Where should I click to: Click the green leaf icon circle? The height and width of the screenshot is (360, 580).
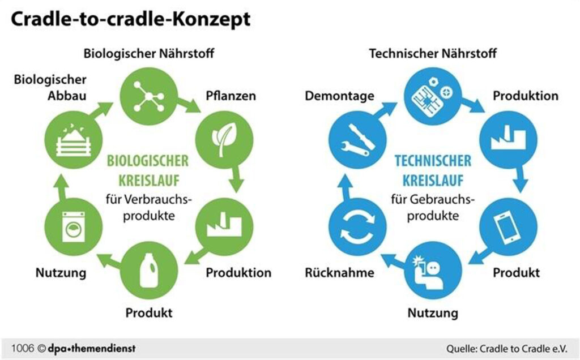coord(224,140)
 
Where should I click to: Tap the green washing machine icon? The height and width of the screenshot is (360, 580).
coord(73,226)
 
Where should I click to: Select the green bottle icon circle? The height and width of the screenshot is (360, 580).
coord(149,270)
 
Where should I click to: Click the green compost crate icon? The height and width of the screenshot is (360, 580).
coord(73,140)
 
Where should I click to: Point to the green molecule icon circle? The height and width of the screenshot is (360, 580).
coord(149,96)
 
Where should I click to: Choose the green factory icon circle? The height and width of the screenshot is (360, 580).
coord(224,226)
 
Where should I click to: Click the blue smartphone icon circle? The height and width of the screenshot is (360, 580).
coord(508,226)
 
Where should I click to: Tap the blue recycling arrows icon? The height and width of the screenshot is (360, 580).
coord(358,226)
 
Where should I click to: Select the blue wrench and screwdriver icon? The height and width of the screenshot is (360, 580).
coord(358,140)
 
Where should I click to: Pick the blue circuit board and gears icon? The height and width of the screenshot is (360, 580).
coord(433,96)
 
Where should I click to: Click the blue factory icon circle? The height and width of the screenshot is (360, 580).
coord(508,140)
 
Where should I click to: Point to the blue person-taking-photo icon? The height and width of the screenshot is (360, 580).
coord(433,270)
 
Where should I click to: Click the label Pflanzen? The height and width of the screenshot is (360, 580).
coord(231,96)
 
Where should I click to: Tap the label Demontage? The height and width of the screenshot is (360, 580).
coord(340,96)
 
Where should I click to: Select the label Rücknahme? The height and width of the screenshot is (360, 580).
coord(340,272)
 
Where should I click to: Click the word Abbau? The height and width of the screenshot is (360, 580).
coord(67,96)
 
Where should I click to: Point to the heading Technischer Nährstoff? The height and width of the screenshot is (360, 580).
coord(433,53)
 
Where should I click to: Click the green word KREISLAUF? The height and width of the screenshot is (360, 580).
coord(149,181)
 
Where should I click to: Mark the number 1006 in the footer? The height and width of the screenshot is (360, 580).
coord(23,348)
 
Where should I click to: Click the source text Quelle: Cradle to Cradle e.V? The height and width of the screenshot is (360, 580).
coord(506,349)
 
